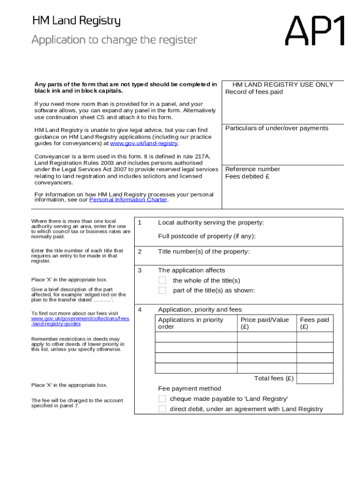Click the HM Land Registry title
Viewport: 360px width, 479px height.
coord(76,21)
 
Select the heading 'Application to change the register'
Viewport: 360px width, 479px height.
coord(114,40)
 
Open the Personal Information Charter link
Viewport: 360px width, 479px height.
coord(128,200)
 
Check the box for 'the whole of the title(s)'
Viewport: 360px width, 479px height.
coord(162,280)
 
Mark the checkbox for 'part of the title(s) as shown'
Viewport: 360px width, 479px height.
coord(162,290)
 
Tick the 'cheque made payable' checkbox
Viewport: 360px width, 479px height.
coord(162,399)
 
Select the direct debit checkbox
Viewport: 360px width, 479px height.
coord(162,409)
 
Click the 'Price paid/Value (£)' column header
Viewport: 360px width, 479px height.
coord(265,323)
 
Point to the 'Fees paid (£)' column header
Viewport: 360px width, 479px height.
coord(314,323)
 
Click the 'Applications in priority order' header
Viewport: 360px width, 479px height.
coord(191,323)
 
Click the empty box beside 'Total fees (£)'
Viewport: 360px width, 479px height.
coord(315,378)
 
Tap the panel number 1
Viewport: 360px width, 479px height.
coord(139,222)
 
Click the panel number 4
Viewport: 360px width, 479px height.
coord(139,309)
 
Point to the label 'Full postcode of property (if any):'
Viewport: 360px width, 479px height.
coord(207,236)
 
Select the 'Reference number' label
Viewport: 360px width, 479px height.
coord(252,169)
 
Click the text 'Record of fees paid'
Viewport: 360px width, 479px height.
coord(254,92)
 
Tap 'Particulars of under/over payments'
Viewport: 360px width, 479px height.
coord(277,128)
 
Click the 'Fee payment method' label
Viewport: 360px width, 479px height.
coord(189,388)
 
